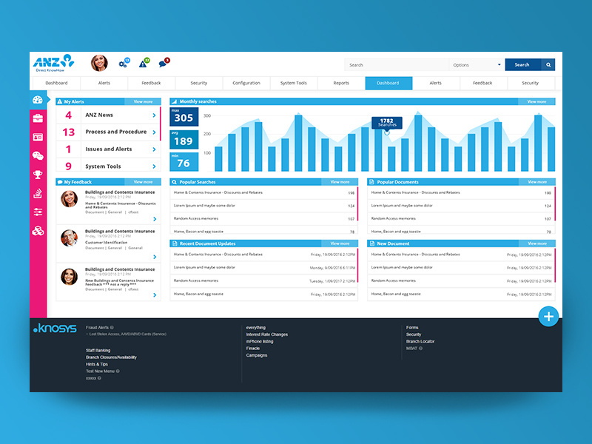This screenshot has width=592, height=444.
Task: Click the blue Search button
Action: [x=522, y=65]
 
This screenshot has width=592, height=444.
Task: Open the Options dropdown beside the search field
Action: [x=477, y=65]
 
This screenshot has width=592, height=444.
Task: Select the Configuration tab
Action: [x=246, y=83]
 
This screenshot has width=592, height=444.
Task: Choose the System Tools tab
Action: [x=294, y=83]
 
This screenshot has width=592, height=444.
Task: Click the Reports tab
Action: [x=341, y=83]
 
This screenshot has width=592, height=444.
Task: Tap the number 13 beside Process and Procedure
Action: [x=69, y=132]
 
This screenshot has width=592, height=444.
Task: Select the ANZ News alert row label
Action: [x=99, y=115]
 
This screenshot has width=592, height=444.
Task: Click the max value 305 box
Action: [x=184, y=115]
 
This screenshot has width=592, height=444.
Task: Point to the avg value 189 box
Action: [x=184, y=139]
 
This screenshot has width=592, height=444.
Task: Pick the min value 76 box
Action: [x=184, y=161]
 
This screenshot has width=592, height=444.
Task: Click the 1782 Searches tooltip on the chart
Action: [x=387, y=123]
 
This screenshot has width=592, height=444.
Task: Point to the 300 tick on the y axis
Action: [x=207, y=116]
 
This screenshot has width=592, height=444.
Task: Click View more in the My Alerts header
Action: [x=143, y=101]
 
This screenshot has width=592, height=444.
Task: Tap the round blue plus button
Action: [x=548, y=317]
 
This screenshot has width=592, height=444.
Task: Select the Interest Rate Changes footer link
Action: [x=267, y=334]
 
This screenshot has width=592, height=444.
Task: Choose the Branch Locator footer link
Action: [x=420, y=341]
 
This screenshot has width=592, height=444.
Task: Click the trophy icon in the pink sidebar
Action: [x=38, y=175]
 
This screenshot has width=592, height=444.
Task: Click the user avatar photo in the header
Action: [x=99, y=64]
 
